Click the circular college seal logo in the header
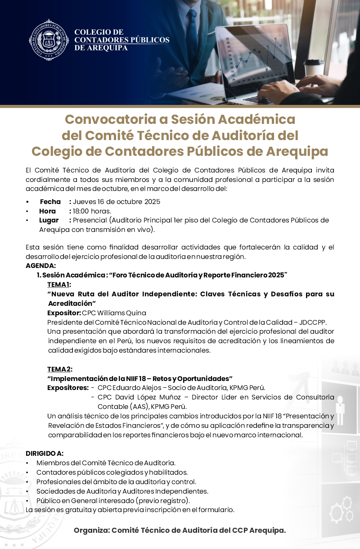pyautogui.click(x=49, y=40)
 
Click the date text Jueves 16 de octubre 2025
pyautogui.click(x=117, y=202)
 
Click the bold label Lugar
pyautogui.click(x=49, y=220)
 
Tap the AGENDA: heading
pyautogui.click(x=41, y=266)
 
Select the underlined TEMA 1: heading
pyautogui.click(x=59, y=284)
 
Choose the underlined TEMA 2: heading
pyautogui.click(x=59, y=369)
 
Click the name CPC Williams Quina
pyautogui.click(x=114, y=313)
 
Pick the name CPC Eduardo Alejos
pyautogui.click(x=128, y=387)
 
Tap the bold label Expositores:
pyautogui.click(x=68, y=387)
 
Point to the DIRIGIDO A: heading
pyautogui.click(x=45, y=453)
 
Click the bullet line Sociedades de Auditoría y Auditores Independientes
pyautogui.click(x=122, y=491)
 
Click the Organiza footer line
pyautogui.click(x=180, y=530)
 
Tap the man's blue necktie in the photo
pyautogui.click(x=192, y=29)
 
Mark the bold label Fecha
pyautogui.click(x=50, y=202)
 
